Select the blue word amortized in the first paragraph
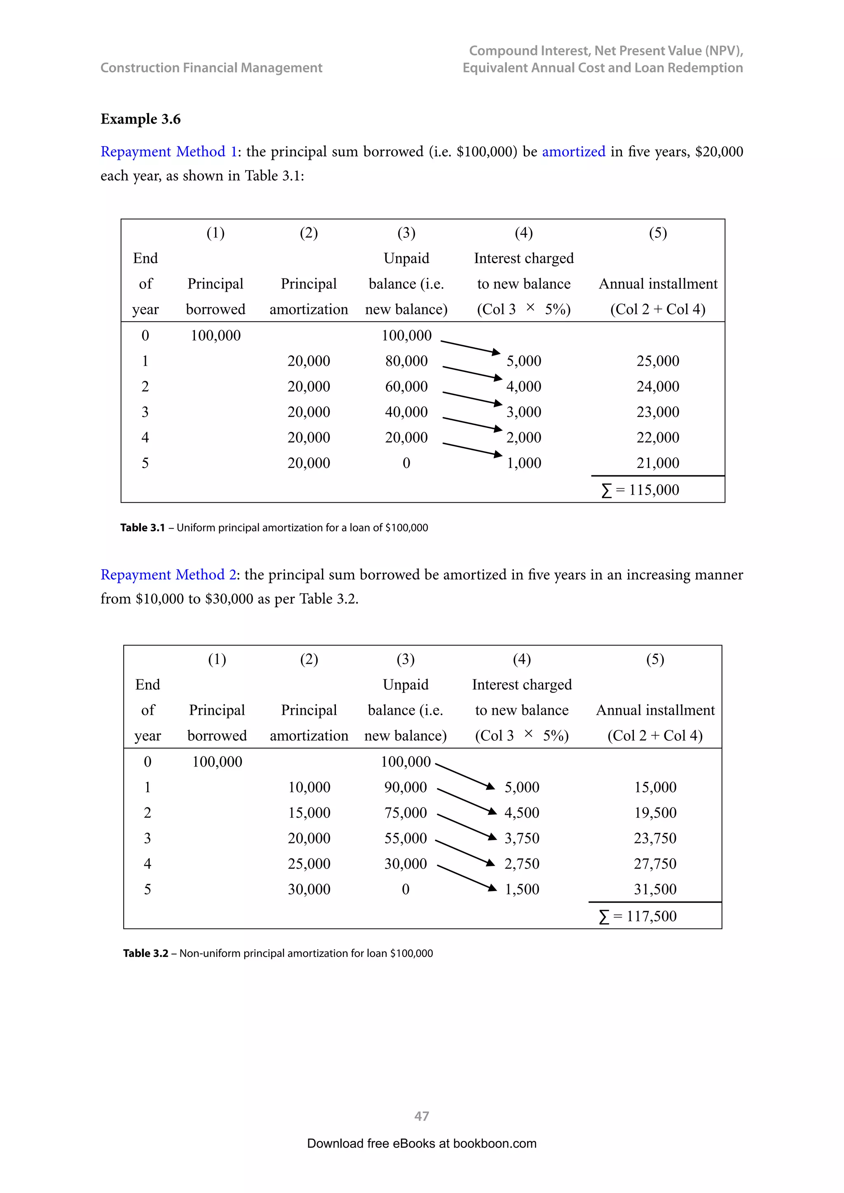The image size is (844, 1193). click(x=573, y=152)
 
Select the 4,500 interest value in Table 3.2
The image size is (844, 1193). click(x=522, y=813)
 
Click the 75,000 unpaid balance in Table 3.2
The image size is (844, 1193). click(x=406, y=813)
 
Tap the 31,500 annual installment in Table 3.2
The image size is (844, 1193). click(x=655, y=889)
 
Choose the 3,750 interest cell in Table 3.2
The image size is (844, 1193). click(x=522, y=838)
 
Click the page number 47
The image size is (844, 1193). click(x=422, y=1116)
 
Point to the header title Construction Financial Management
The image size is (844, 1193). click(x=211, y=68)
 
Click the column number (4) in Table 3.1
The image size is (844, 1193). click(x=523, y=233)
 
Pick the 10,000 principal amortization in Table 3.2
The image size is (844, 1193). click(x=309, y=787)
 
